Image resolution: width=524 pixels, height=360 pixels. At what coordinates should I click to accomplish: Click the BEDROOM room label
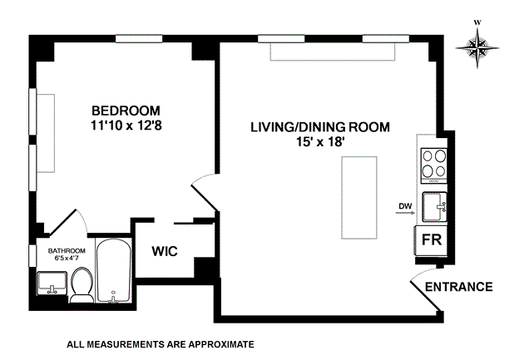(126, 111)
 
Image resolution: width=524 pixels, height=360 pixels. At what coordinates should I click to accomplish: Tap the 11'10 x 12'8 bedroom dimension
(126, 126)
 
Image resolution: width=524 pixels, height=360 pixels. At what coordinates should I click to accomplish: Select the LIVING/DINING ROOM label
(320, 127)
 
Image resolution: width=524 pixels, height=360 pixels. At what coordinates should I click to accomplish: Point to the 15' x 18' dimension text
(320, 142)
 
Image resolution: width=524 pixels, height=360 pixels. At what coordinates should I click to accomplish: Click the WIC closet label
(165, 251)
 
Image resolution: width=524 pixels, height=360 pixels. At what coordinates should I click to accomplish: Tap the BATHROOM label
(67, 251)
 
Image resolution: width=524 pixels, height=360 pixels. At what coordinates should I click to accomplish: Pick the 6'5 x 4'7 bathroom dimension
(67, 258)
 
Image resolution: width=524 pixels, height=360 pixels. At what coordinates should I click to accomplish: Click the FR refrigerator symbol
(431, 240)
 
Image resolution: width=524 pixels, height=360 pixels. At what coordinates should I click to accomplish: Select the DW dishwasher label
(405, 206)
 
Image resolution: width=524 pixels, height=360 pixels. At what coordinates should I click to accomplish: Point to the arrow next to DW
(405, 212)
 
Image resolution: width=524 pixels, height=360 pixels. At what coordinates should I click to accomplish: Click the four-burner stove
(434, 165)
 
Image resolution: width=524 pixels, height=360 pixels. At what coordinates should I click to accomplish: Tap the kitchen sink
(435, 207)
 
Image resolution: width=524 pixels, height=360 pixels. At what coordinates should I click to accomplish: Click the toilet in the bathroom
(82, 285)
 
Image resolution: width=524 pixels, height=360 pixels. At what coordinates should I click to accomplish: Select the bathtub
(114, 270)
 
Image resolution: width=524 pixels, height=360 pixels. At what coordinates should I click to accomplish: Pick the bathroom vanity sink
(52, 283)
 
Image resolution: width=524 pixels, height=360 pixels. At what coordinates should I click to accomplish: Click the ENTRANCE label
(458, 287)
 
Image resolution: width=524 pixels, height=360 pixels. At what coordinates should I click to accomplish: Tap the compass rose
(477, 47)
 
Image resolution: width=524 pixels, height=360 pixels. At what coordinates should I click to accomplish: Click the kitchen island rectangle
(359, 198)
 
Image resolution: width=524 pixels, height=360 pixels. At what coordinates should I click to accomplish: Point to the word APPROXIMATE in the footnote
(221, 344)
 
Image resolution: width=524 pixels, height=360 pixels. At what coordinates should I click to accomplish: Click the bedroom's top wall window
(139, 38)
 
